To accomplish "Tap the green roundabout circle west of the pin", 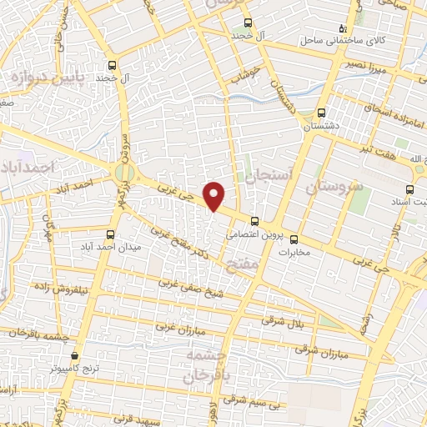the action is (125, 173).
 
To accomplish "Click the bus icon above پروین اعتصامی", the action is (254, 221).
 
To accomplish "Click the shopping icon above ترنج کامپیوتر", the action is (74, 354).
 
